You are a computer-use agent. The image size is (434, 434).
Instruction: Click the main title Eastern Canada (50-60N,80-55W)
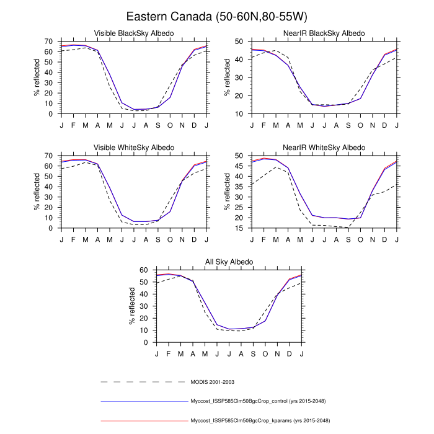point(217,16)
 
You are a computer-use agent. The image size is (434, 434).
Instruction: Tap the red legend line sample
point(143,420)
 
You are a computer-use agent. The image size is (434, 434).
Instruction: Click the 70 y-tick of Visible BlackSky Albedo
point(48,41)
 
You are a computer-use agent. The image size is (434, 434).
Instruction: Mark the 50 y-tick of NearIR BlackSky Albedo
point(240,41)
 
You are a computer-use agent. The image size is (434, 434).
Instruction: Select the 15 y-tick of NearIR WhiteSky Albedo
point(240,228)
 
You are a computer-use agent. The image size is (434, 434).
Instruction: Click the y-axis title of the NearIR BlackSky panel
point(228,77)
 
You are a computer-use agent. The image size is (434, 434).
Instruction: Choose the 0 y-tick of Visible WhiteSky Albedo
point(51,228)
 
